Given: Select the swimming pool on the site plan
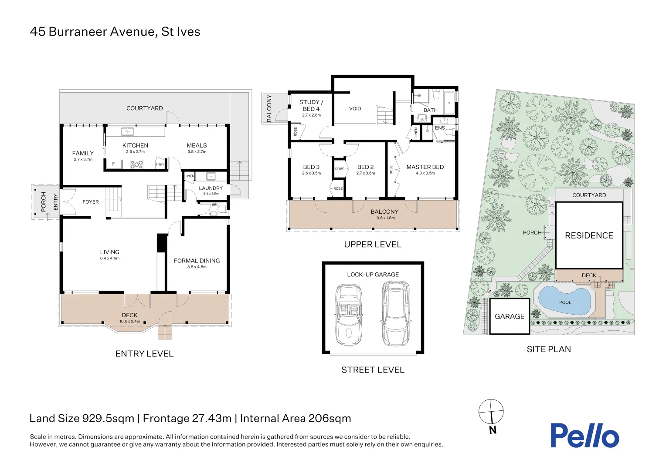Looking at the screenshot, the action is point(564,300).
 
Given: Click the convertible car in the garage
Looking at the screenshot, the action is point(349,315).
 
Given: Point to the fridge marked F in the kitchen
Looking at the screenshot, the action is point(113,164).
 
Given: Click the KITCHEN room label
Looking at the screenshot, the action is point(135,145).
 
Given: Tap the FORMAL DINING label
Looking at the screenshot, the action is point(197,261).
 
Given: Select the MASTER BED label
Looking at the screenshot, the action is point(425,167).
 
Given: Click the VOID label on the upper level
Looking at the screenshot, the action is point(355,109).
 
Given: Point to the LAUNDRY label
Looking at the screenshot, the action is point(211,188).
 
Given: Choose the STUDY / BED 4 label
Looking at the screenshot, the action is point(311,105).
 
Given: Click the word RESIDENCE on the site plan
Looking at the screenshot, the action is point(589,235).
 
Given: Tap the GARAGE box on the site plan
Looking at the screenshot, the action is point(510,316).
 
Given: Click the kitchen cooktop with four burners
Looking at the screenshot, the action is point(137,164).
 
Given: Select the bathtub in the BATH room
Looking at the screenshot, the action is point(449,103).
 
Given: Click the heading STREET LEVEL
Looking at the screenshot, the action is point(373,370).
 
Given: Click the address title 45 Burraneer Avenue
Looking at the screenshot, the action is point(92,31).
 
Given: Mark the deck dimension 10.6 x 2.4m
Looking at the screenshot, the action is point(129,321).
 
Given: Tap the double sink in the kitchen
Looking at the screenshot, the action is point(127,131).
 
